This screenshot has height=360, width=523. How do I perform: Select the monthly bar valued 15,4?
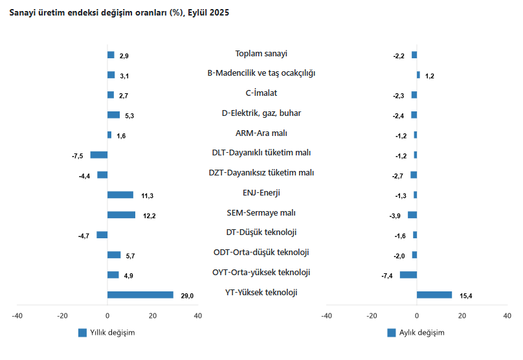tap(434, 295)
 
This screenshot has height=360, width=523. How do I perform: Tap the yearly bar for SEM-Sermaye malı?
tap(121, 215)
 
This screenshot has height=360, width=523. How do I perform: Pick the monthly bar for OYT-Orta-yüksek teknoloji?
tap(408, 275)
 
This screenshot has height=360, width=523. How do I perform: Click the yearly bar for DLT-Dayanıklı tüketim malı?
tap(99, 155)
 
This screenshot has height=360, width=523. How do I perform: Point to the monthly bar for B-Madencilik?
tap(418, 75)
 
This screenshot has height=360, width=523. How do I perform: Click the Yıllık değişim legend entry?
tap(106, 333)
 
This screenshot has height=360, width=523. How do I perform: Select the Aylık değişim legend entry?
tap(416, 333)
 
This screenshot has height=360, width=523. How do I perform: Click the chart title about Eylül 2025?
tap(118, 13)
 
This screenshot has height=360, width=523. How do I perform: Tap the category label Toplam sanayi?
tap(261, 54)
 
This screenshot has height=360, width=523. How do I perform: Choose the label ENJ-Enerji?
tap(261, 192)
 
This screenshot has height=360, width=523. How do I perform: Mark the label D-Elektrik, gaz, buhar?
tap(261, 113)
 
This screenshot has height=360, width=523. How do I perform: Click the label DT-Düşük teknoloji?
tap(261, 232)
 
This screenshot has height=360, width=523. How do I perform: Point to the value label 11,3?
tap(147, 196)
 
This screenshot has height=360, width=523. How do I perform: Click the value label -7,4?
tap(388, 276)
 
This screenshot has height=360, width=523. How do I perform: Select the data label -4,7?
tap(84, 236)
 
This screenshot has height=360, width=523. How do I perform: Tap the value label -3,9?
tap(395, 216)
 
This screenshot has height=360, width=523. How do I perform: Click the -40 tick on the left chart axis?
tap(17, 316)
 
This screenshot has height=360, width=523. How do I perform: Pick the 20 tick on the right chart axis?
tap(462, 316)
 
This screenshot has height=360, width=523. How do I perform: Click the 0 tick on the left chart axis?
tap(107, 316)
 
